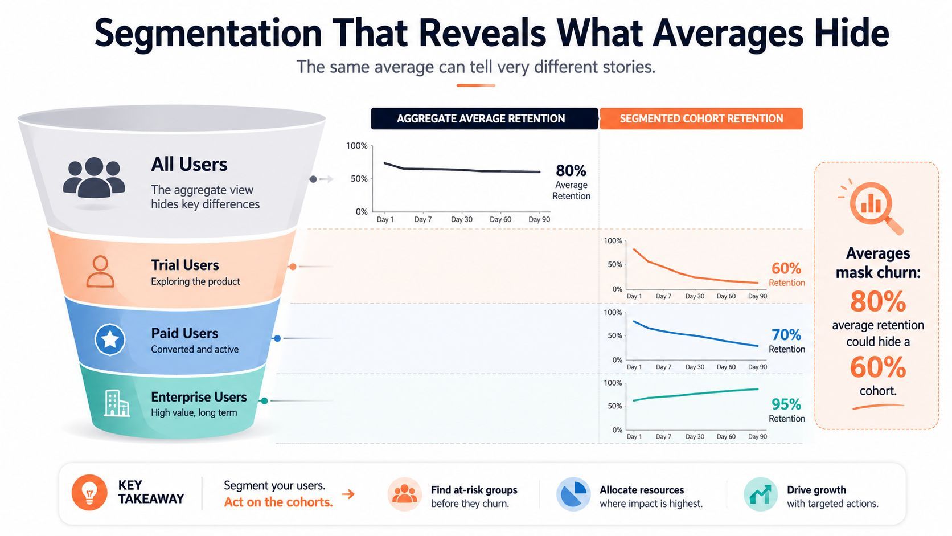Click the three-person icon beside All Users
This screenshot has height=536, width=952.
94,177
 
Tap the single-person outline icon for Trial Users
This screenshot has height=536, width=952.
100,272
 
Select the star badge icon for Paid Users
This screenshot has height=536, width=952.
110,339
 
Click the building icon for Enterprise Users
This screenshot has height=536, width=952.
117,403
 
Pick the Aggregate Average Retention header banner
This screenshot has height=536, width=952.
485,118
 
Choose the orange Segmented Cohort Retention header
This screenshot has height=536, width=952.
701,118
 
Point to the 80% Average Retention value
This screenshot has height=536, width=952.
571,171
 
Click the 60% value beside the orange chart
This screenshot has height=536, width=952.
786,268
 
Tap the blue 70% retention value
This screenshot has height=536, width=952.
786,335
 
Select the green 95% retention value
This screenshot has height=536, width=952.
786,404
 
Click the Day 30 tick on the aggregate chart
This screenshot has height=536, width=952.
462,219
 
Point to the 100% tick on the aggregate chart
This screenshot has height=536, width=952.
356,146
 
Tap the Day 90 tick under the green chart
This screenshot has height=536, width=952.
757,436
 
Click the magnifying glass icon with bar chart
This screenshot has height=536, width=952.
871,207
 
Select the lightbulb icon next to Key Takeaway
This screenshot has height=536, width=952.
89,493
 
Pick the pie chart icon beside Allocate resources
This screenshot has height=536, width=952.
573,494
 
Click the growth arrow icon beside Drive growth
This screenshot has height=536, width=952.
760,494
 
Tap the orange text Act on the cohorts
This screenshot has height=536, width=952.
278,502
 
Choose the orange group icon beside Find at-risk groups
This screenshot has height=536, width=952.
405,494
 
